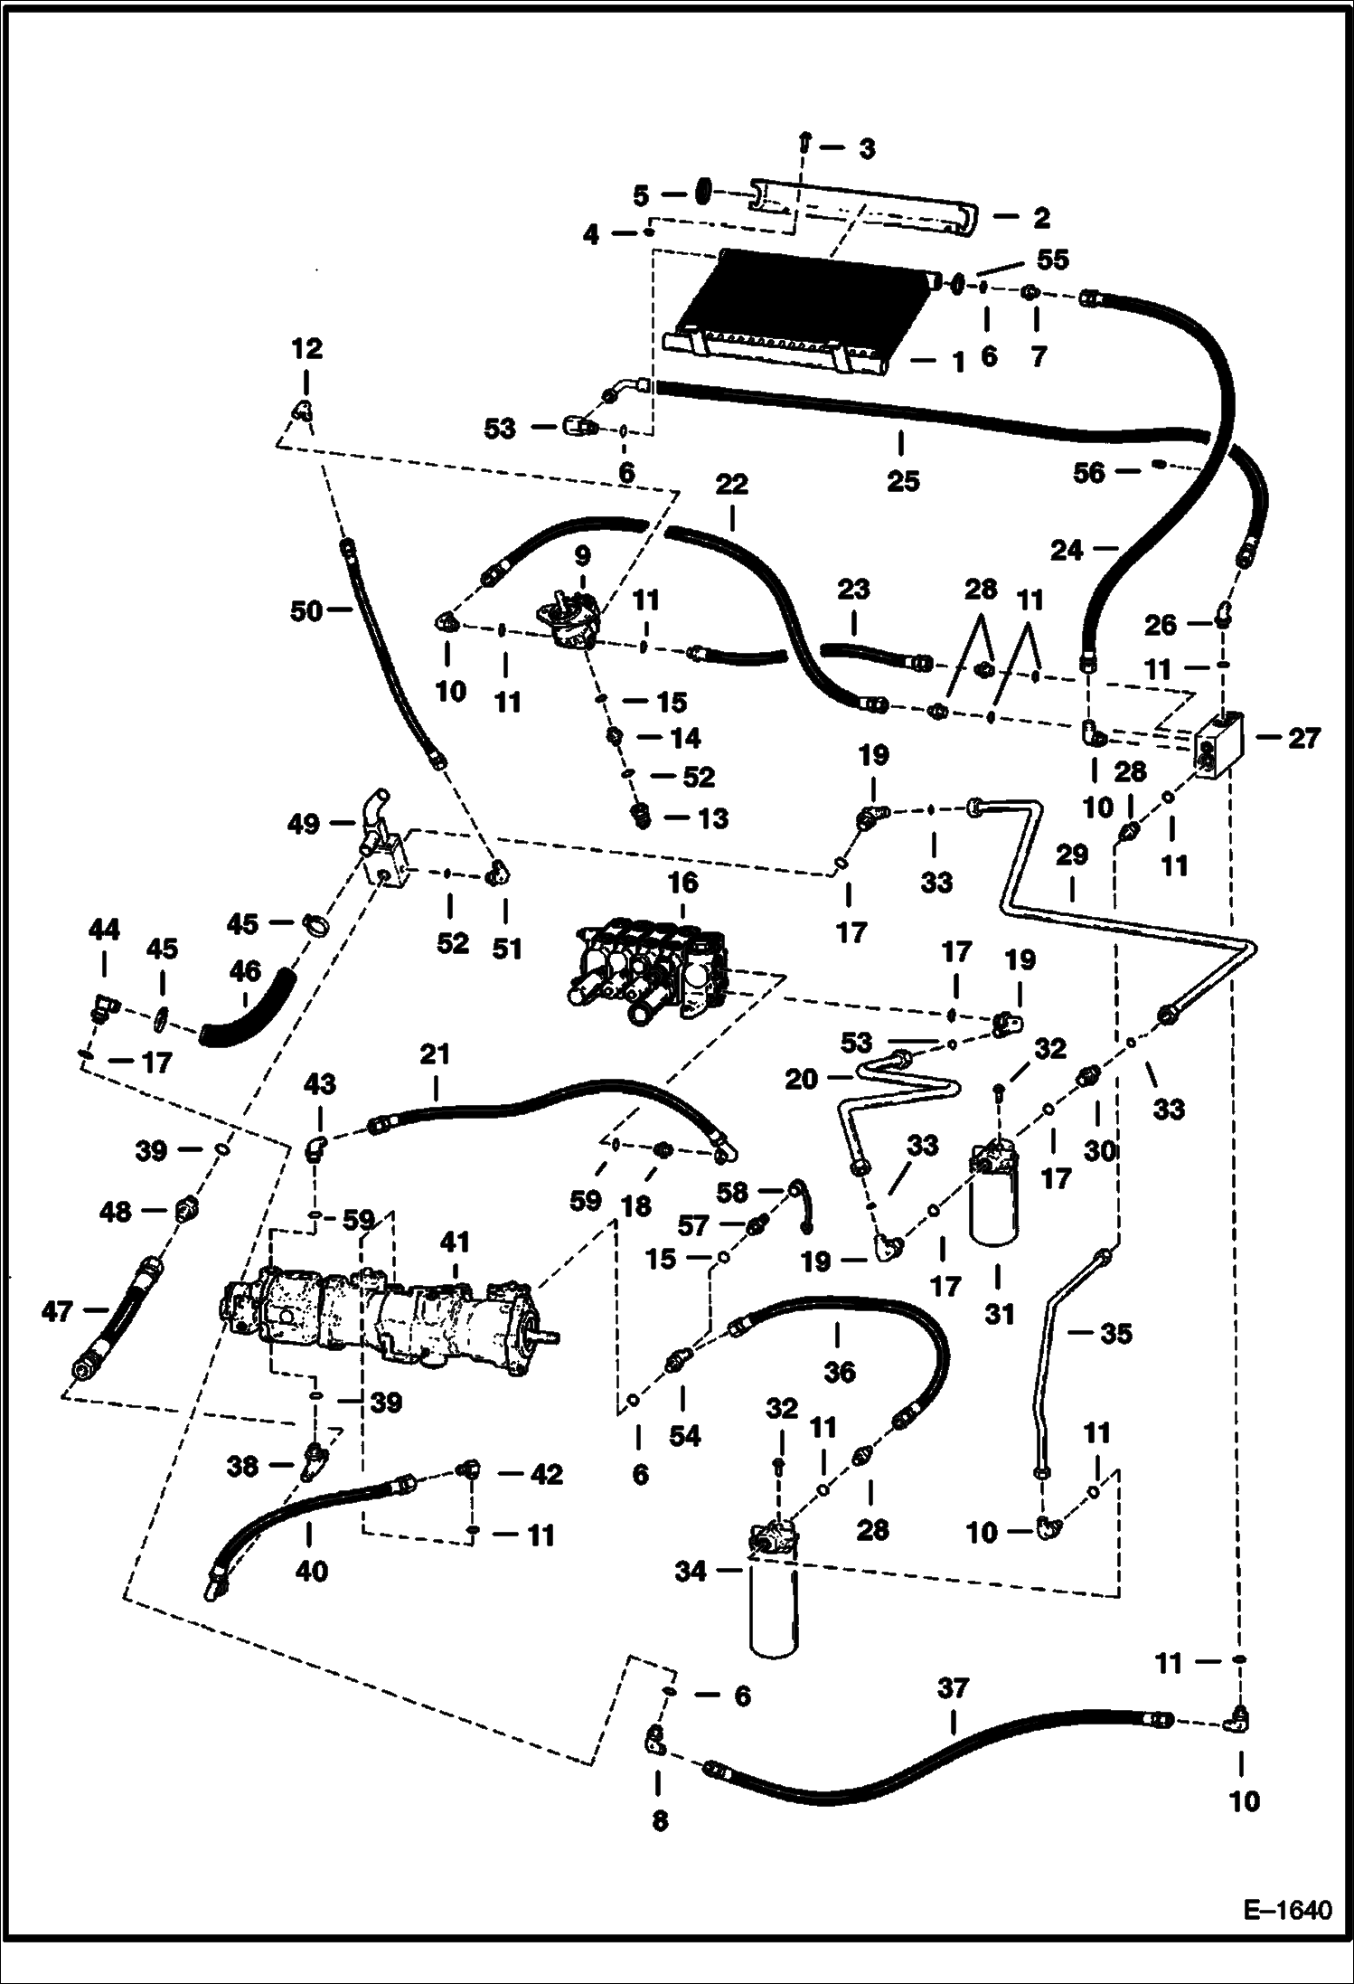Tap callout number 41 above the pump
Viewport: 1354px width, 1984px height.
(455, 1244)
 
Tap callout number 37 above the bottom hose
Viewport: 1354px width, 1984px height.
(953, 1687)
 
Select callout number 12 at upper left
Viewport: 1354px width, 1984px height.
(306, 348)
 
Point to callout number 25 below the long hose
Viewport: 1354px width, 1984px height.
(902, 480)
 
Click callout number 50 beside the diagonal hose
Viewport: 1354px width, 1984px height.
(306, 611)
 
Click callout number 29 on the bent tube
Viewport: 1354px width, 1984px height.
(1072, 855)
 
